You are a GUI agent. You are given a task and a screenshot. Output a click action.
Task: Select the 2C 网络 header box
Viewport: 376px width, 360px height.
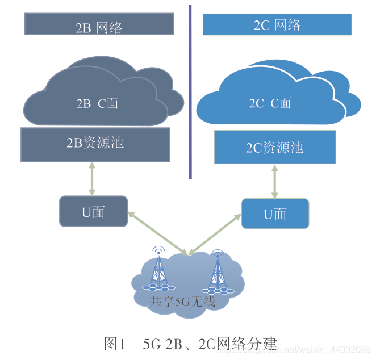tap(277, 24)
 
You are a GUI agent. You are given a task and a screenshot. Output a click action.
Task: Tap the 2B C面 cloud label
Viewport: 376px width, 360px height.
tap(97, 103)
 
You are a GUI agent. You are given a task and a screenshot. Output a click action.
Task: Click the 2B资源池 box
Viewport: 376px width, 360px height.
tap(95, 143)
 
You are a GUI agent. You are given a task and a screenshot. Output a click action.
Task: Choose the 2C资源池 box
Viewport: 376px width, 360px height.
tap(274, 148)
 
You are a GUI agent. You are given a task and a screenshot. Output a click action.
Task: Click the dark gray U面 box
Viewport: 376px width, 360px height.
tap(93, 212)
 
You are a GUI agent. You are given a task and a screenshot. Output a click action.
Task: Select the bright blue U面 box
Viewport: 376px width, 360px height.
tap(275, 214)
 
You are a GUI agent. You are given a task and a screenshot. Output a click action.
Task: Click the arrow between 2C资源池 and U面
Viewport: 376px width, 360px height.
tap(275, 181)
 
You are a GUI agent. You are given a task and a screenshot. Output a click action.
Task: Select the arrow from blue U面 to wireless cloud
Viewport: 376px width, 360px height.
tap(216, 235)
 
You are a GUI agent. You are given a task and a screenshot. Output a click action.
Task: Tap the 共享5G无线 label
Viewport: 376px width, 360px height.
tap(182, 301)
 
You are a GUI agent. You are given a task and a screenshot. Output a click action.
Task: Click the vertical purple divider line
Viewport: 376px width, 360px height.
tap(190, 91)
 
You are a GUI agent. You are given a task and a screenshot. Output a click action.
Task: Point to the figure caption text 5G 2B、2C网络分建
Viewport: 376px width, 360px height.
tap(210, 343)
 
